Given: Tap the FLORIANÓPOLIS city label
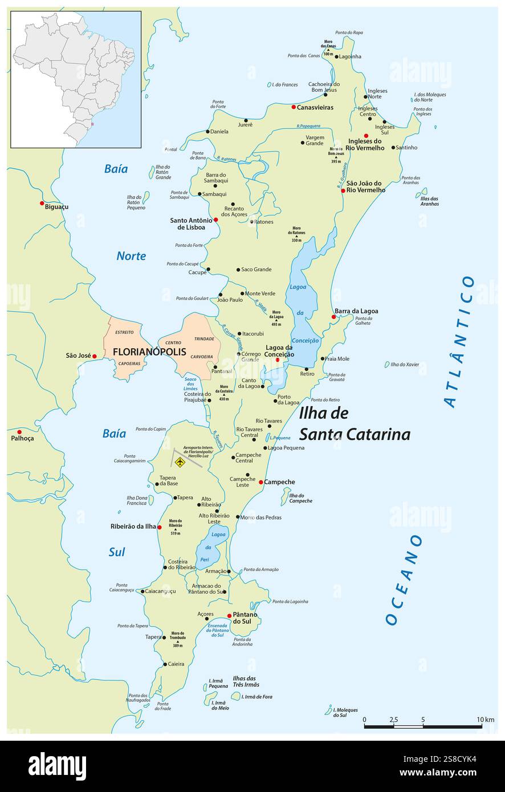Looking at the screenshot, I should (x=149, y=352).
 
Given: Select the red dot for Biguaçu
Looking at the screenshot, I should (x=42, y=203).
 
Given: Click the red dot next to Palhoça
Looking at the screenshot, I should (x=19, y=432).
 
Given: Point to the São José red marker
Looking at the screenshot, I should (x=95, y=356).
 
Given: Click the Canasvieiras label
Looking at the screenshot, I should (x=315, y=107).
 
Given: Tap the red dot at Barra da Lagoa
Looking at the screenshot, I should (x=334, y=317).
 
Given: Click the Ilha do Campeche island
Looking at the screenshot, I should (x=285, y=497).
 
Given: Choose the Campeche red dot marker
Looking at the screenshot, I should (x=261, y=482).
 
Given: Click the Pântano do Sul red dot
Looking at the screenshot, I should (x=230, y=615).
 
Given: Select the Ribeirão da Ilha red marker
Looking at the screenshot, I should (x=160, y=527).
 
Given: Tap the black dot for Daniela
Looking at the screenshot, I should (x=208, y=132).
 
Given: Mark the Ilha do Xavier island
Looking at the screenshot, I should (x=388, y=364).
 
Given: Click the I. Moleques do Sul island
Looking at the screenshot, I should (x=329, y=710).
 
